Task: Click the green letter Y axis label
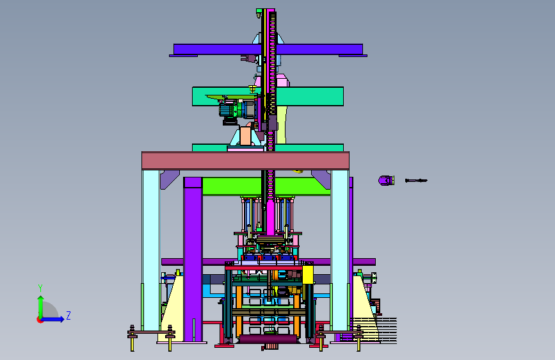[x=40, y=288]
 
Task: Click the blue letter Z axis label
[x=68, y=315]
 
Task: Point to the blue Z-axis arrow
[x=53, y=319]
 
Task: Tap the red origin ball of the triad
[x=40, y=320]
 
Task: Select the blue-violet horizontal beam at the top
[x=268, y=49]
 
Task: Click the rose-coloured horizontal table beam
[x=245, y=161]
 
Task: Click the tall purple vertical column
[x=193, y=259]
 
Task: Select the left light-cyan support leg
[x=151, y=250]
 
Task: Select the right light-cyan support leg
[x=340, y=250]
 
